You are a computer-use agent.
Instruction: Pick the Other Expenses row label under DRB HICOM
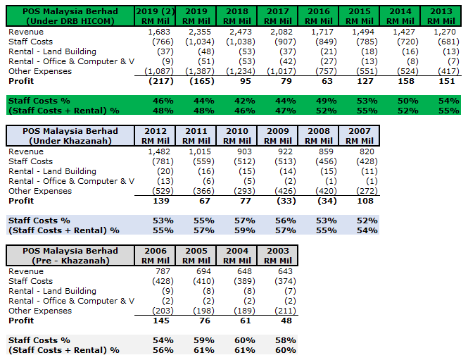pos(40,71)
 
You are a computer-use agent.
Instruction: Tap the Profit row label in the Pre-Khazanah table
pos(21,321)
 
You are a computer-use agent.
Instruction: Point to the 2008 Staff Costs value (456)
pos(322,161)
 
